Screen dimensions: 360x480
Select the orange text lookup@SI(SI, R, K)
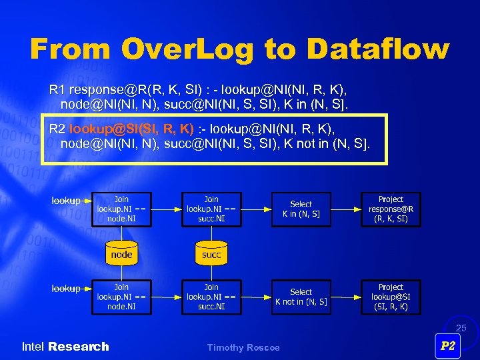(x=131, y=128)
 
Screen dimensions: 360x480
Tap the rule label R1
(x=57, y=89)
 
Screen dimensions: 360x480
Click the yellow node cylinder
(x=121, y=253)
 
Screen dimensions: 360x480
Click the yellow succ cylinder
(x=211, y=253)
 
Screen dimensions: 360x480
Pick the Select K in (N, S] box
(x=301, y=209)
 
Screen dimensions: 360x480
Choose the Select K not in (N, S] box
(x=301, y=297)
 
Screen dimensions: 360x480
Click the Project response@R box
(x=391, y=209)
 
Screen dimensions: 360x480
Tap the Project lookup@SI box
(x=391, y=297)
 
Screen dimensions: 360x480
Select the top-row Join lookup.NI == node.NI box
(x=121, y=209)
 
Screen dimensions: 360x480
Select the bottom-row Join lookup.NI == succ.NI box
(x=211, y=297)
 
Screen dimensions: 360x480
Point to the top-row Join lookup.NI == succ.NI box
(x=211, y=209)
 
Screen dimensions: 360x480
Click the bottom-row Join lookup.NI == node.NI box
(x=121, y=297)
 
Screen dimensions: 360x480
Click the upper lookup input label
(x=66, y=200)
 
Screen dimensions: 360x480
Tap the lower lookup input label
(x=66, y=288)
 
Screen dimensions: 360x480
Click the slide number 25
(x=461, y=328)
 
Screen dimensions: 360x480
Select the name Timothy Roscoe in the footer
(x=243, y=347)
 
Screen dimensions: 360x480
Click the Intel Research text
(x=65, y=347)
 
